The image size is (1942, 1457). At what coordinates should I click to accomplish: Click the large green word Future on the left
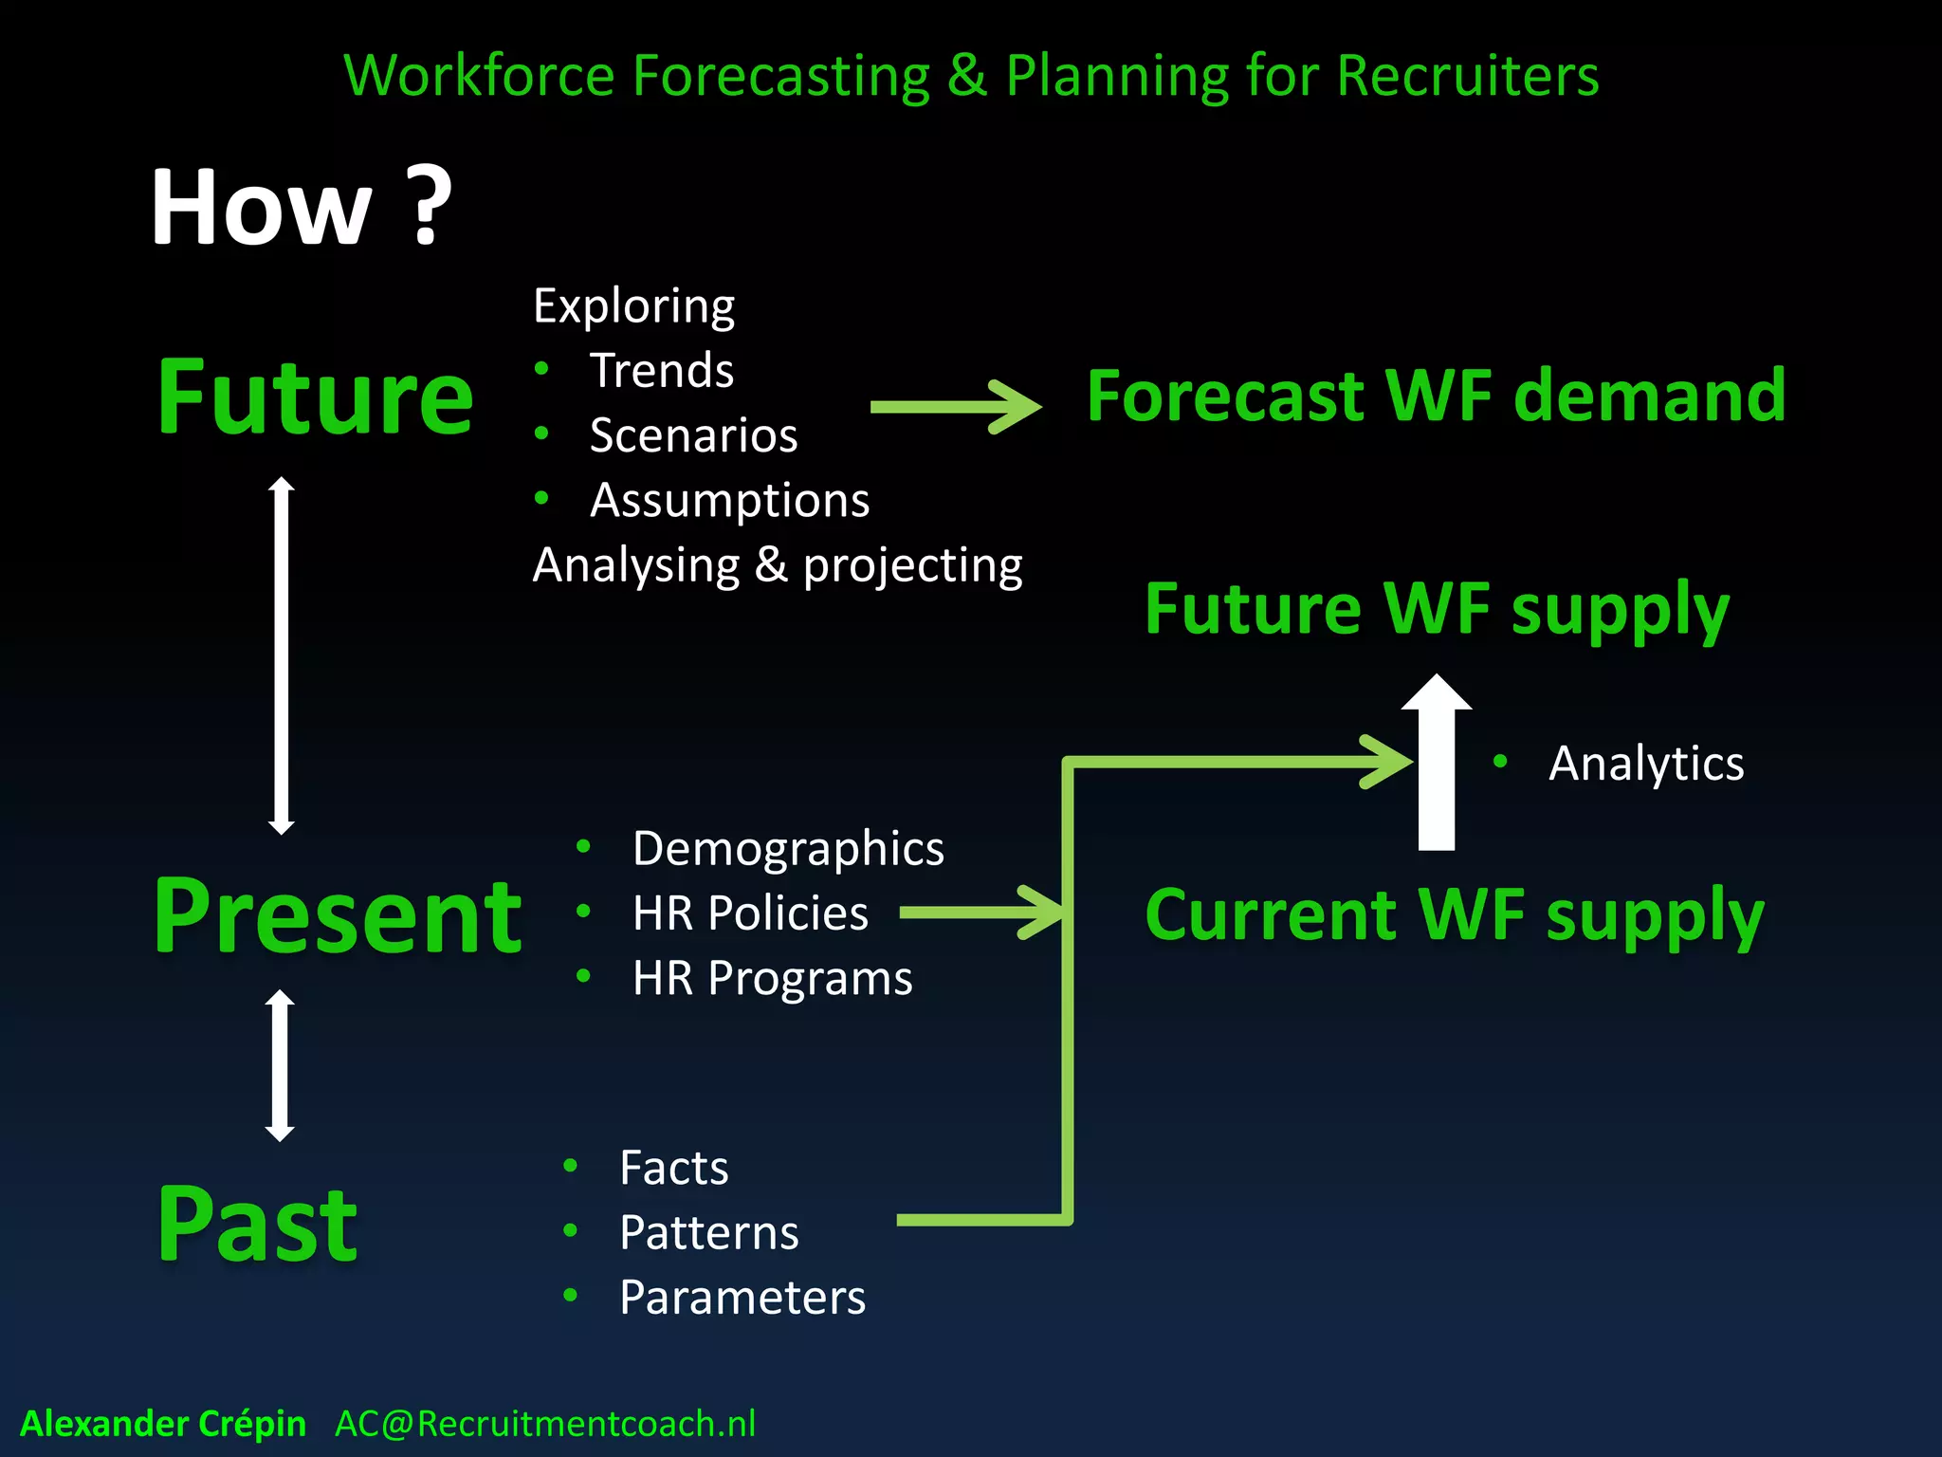pos(315,397)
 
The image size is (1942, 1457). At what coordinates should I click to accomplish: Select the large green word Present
pos(338,915)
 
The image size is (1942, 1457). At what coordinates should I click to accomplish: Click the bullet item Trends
pos(662,370)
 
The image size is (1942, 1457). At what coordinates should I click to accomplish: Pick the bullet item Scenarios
pos(693,435)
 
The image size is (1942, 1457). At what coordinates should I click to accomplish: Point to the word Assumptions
pos(729,500)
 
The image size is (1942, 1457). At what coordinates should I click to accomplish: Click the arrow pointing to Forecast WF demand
pos(956,407)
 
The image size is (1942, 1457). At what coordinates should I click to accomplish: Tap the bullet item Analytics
pos(1645,764)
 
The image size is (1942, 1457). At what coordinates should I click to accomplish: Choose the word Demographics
pos(788,848)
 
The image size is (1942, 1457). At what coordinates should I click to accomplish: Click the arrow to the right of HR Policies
pos(981,913)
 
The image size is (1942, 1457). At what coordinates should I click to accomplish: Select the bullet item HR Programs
pos(772,978)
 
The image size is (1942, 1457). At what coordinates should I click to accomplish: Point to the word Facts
pos(673,1168)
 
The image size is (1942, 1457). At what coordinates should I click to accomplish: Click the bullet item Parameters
pos(742,1298)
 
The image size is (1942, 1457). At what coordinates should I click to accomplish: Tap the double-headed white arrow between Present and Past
pos(280,1065)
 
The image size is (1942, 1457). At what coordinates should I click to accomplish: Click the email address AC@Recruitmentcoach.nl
pos(545,1424)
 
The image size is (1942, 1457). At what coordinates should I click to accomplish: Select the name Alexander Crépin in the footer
pos(163,1424)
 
